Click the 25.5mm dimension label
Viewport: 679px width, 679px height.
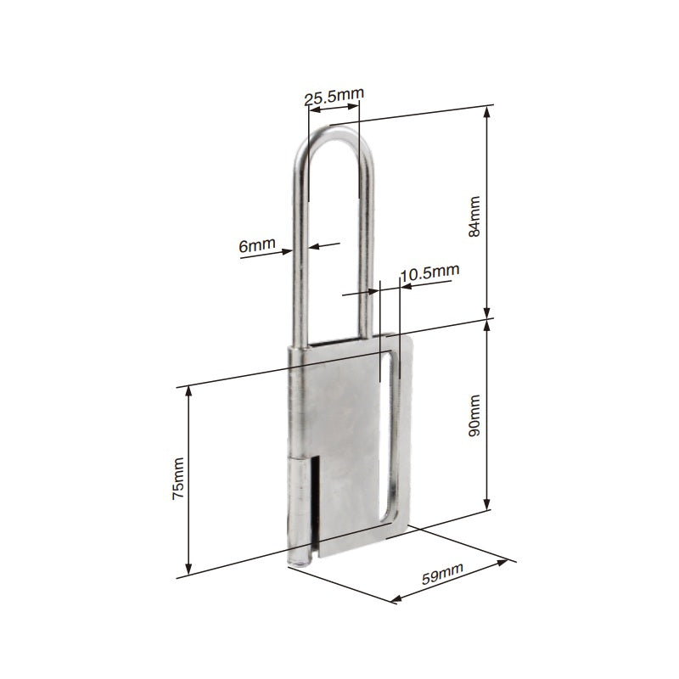click(331, 98)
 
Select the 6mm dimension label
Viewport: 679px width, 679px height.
click(257, 246)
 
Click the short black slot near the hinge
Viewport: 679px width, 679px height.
click(313, 501)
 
